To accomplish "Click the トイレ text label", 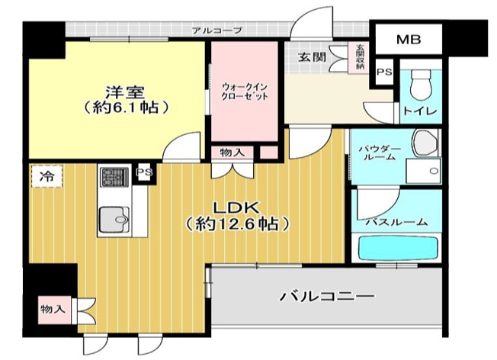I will [420, 113].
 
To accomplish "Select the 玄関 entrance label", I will [312, 57].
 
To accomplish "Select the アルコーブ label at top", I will [217, 31].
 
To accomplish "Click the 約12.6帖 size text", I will [238, 225].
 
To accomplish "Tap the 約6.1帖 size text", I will [126, 108].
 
